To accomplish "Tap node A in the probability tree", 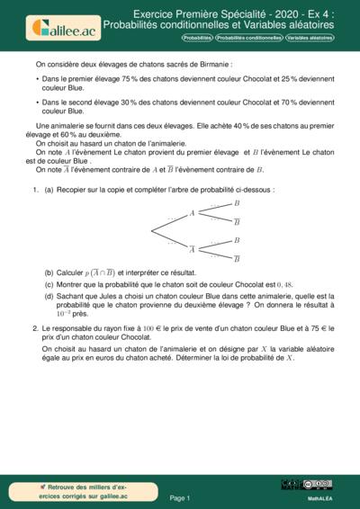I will click(x=192, y=213).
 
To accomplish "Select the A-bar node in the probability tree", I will click(x=192, y=249).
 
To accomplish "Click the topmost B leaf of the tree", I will click(x=237, y=204).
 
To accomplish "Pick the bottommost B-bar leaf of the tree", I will click(x=237, y=259).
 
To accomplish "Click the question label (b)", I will click(x=49, y=271).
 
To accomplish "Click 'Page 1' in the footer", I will click(x=179, y=496).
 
